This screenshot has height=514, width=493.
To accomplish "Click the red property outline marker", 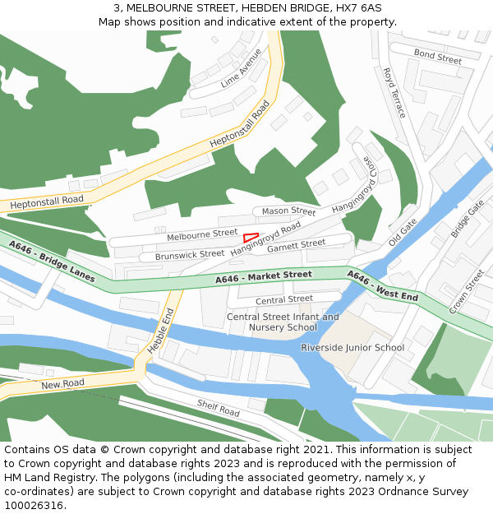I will tap(251, 238).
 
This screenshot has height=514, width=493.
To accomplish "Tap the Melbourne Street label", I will tap(202, 235).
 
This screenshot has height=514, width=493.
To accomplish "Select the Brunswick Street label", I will tap(190, 255).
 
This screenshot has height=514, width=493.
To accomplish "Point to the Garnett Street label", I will tap(297, 244).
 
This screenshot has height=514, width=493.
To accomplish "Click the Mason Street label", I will tap(288, 211).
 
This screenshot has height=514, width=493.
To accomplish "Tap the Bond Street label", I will tap(437, 57).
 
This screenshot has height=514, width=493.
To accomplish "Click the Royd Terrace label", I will tap(394, 93).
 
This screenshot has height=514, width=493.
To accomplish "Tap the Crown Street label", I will tap(467, 291).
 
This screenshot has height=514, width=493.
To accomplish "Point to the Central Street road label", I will tap(284, 299).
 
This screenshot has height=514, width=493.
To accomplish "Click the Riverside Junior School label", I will tap(352, 347).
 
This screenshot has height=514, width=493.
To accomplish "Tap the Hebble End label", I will tap(161, 331).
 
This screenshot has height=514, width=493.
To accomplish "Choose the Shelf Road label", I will tap(218, 406).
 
